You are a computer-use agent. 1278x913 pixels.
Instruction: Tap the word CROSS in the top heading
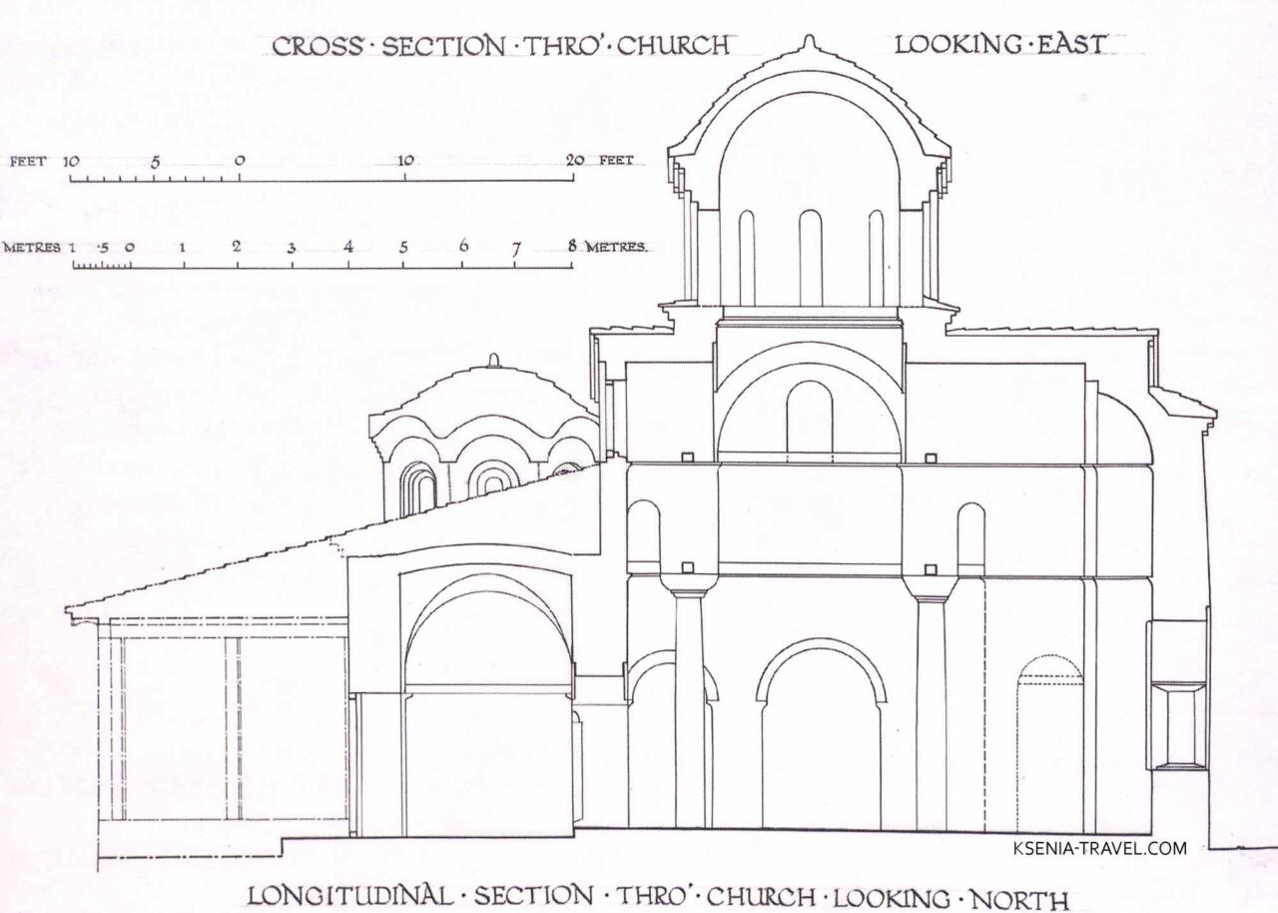(318, 46)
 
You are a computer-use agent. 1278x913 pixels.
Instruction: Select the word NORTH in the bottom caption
(1019, 900)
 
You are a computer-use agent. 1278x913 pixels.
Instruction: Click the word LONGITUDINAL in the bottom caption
(349, 895)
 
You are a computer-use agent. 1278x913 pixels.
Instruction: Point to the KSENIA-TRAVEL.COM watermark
(1100, 848)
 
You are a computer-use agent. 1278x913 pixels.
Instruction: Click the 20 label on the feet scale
(574, 161)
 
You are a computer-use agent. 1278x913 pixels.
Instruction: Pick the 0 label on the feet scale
(240, 161)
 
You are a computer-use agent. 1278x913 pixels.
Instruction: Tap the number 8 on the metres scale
(572, 247)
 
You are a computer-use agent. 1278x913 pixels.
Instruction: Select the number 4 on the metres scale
(348, 247)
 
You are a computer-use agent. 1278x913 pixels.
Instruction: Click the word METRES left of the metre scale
(32, 248)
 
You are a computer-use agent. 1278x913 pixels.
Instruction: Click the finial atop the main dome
(809, 42)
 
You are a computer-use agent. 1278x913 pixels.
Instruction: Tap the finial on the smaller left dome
(493, 360)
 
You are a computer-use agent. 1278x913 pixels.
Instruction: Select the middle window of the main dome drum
(810, 258)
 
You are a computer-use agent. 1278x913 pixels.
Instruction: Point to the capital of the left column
(689, 586)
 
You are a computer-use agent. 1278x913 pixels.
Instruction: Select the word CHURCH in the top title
(673, 46)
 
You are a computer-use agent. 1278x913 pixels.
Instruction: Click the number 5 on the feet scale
(155, 162)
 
